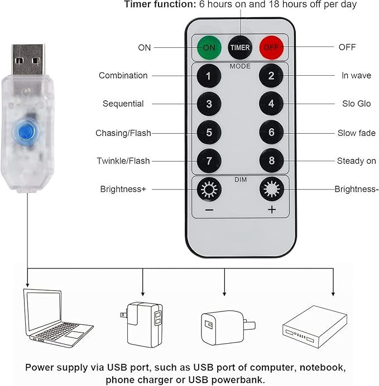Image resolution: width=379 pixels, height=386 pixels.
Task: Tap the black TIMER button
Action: click(240, 47)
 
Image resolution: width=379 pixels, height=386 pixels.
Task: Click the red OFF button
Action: click(271, 47)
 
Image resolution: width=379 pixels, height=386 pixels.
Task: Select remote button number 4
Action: click(271, 104)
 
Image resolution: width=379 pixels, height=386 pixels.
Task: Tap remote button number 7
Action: click(209, 162)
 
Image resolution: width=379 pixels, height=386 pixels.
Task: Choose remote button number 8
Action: click(271, 162)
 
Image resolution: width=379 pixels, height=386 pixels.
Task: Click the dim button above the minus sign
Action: click(209, 189)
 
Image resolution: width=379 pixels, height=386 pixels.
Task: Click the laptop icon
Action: click(56, 315)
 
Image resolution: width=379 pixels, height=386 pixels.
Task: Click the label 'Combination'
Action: click(123, 75)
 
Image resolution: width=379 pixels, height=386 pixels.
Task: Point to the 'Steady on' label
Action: click(356, 162)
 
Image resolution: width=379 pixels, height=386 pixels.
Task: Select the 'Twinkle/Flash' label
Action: click(123, 162)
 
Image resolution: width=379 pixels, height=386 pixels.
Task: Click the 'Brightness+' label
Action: click(123, 189)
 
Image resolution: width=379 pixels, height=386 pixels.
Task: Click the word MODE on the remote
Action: click(240, 65)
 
